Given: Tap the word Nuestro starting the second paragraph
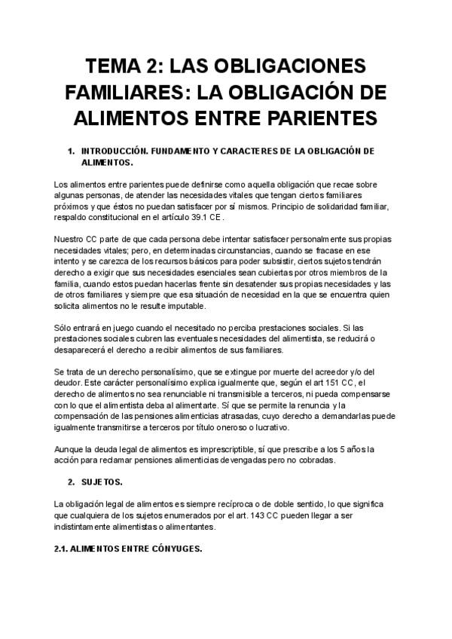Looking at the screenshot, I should [x=71, y=240].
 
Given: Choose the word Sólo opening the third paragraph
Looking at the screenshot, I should [x=64, y=329].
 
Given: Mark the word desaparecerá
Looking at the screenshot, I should [x=85, y=350].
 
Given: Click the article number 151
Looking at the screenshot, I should [x=349, y=383].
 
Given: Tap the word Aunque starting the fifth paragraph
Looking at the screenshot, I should [x=70, y=449].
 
